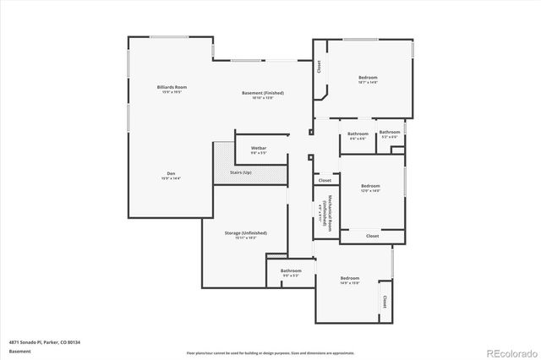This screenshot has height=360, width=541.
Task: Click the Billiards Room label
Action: [171, 87]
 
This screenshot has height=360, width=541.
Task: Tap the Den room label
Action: [170, 174]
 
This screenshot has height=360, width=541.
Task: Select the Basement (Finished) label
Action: [262, 92]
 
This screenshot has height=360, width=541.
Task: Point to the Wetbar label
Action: [259, 148]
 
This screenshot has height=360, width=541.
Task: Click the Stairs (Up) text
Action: [241, 172]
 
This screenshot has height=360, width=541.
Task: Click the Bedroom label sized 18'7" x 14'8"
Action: [368, 78]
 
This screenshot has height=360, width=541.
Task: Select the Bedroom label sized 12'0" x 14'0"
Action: [370, 186]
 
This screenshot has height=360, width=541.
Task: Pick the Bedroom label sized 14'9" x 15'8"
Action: [350, 278]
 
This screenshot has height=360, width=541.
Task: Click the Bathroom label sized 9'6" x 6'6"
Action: [358, 134]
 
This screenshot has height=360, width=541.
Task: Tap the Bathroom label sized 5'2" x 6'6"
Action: [389, 132]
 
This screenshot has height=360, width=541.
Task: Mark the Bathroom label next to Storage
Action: [291, 270]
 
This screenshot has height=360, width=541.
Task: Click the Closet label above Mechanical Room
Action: [325, 181]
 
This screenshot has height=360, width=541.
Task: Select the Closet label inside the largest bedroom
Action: [319, 66]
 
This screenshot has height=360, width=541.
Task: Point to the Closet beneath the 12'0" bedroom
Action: [372, 236]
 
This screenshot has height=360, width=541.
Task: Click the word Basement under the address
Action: [19, 351]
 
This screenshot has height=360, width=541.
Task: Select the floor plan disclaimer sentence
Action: [270, 352]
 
